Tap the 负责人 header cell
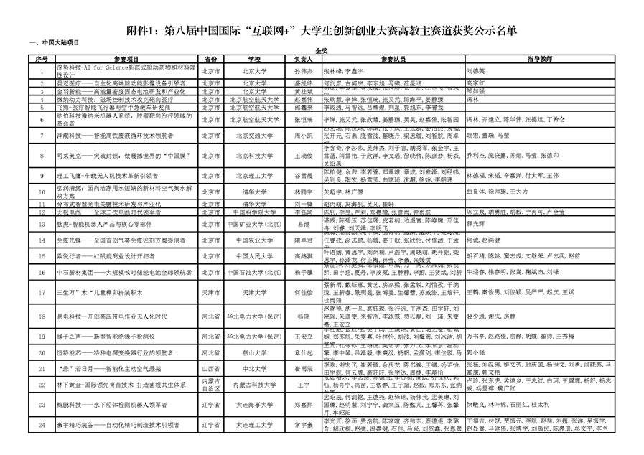304,59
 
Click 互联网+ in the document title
291,30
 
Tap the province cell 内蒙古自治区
210,385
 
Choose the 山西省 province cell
210,367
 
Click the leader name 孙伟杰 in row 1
304,72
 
